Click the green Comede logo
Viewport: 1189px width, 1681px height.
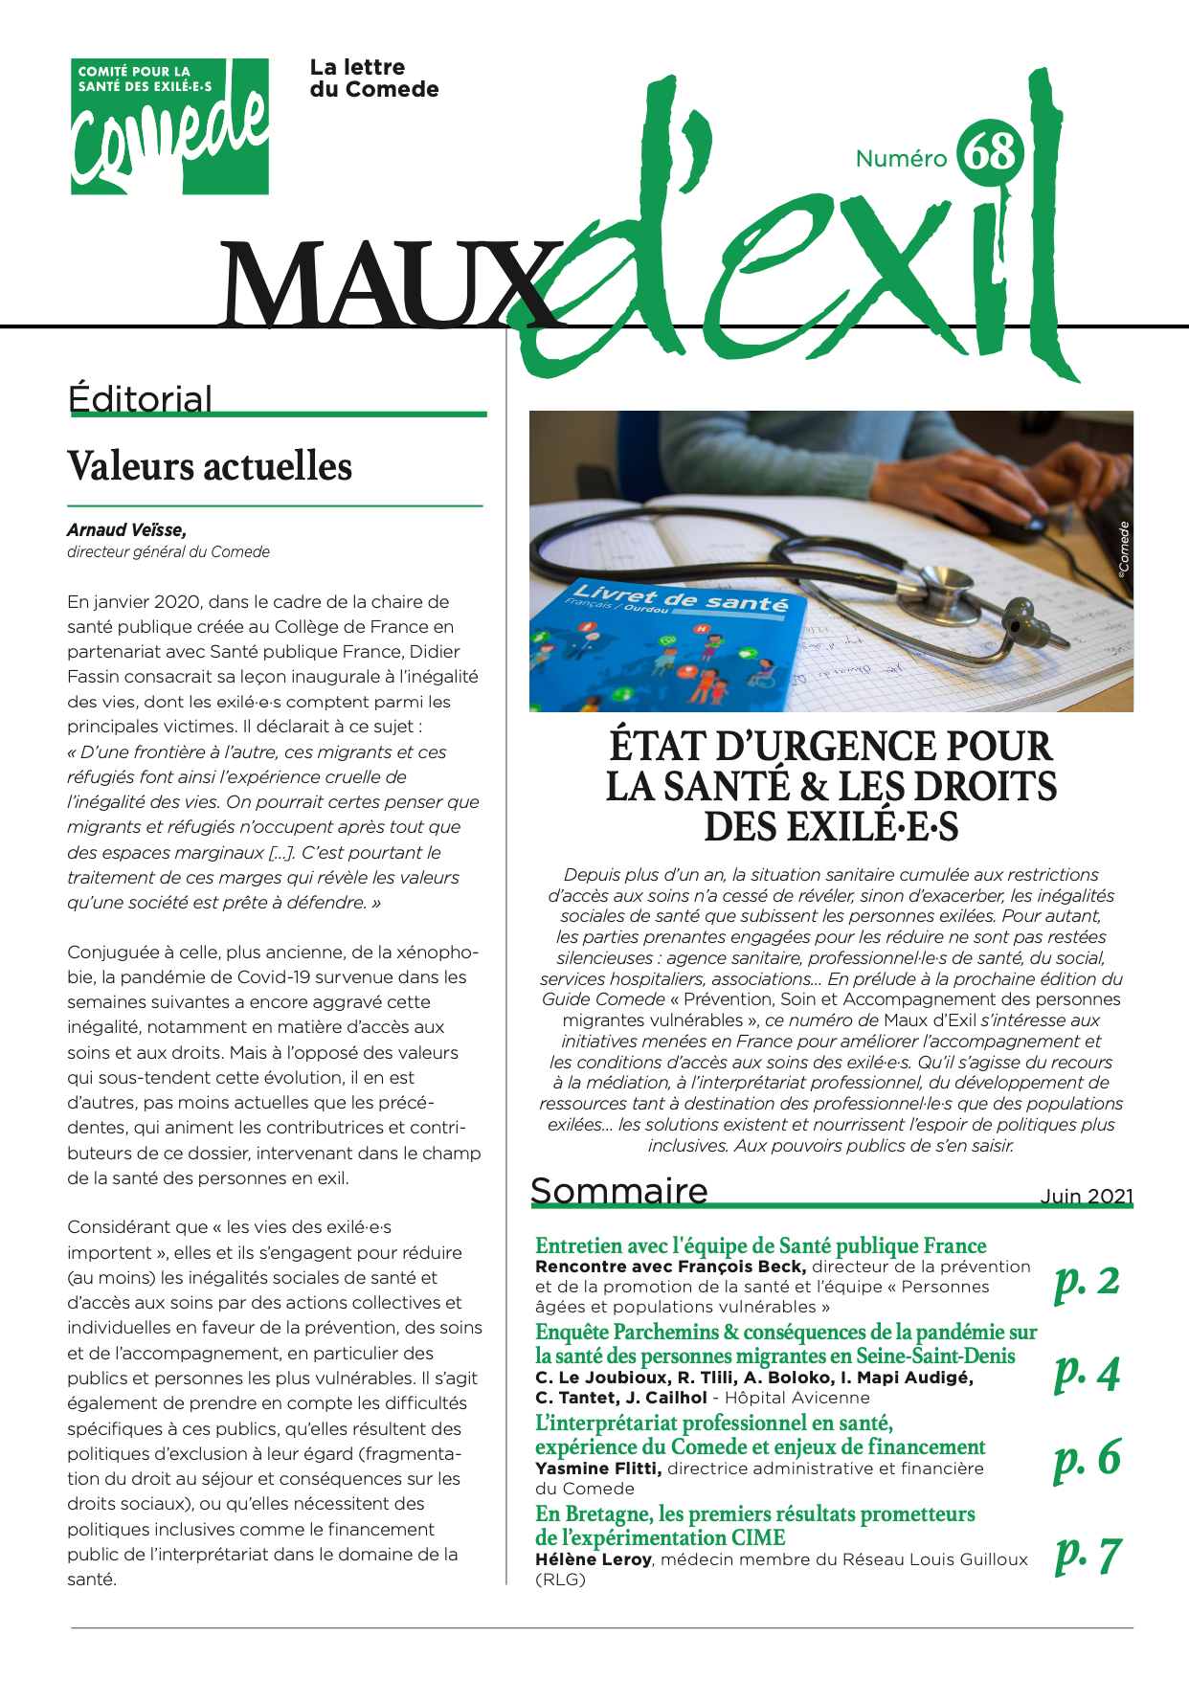pos(169,126)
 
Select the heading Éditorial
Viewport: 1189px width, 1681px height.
pos(140,399)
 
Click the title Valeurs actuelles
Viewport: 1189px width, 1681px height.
pos(210,467)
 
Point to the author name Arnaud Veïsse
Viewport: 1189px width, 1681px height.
pos(126,529)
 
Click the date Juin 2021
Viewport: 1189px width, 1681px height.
pos(1086,1196)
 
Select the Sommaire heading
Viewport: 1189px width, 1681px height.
pos(618,1191)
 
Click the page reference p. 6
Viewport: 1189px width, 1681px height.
pos(1087,1457)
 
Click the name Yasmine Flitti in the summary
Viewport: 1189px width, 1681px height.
pos(597,1468)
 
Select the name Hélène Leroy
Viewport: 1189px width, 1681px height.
pos(594,1559)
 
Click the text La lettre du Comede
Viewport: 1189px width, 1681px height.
pos(373,78)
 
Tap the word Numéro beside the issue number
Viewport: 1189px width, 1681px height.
pos(901,159)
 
